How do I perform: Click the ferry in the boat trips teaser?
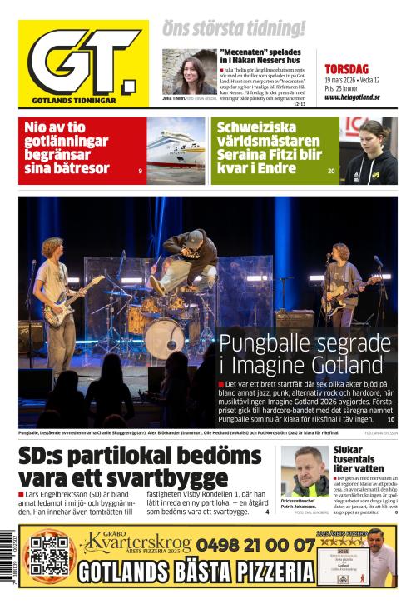[175, 151]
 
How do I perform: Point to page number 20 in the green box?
[331, 171]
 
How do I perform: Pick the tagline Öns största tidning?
[234, 28]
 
